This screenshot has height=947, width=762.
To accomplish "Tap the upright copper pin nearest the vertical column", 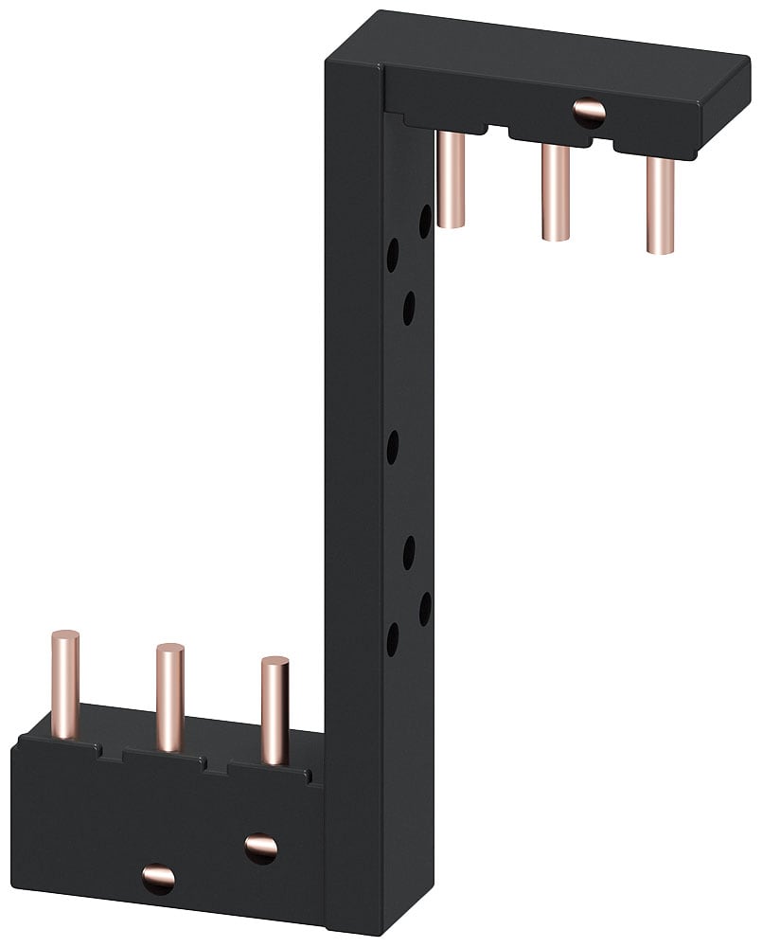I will tap(275, 710).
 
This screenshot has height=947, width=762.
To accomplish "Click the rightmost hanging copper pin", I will tap(660, 203).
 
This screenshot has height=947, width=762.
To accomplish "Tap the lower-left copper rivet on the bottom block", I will tap(158, 877).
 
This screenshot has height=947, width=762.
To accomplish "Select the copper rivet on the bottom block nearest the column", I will tap(260, 846).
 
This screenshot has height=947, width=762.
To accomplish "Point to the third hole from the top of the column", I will tap(409, 308).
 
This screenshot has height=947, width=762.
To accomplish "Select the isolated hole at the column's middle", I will tap(391, 443).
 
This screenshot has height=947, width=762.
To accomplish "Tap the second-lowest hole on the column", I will tap(425, 607).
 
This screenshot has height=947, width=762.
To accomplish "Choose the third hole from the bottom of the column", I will tap(409, 552).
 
